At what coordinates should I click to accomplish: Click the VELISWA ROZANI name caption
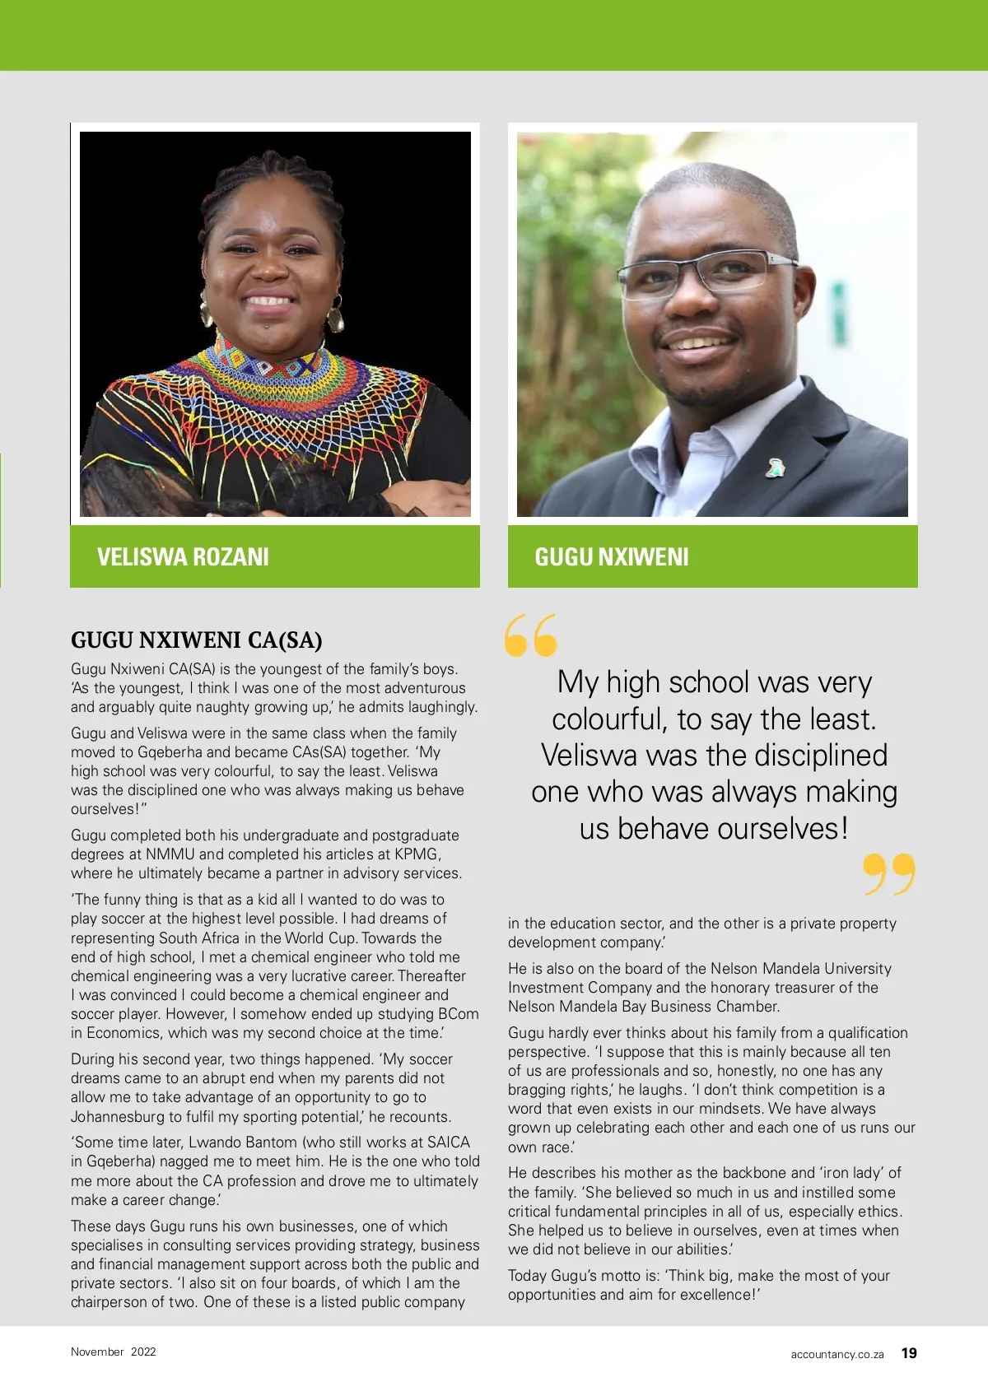tap(183, 557)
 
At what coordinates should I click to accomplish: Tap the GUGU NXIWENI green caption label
tap(611, 557)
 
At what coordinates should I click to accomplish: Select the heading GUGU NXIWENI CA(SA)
tap(196, 640)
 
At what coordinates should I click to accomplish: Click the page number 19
tap(909, 1353)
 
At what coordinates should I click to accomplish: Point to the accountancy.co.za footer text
tap(837, 1354)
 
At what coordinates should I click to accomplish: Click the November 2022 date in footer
tap(113, 1352)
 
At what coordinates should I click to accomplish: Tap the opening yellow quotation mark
tap(531, 635)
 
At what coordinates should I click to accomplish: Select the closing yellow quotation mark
tap(889, 874)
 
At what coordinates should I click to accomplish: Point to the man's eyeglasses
tap(706, 272)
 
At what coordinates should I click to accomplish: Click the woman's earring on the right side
tap(335, 314)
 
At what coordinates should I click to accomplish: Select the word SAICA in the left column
tap(448, 1142)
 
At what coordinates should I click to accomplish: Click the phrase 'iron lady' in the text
tap(860, 1173)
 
